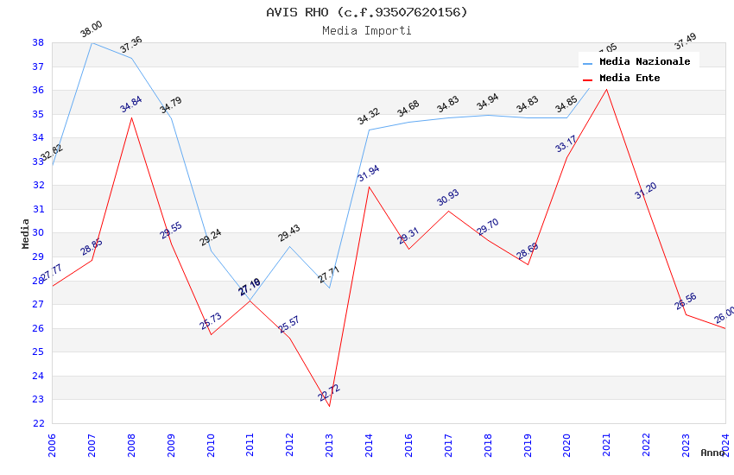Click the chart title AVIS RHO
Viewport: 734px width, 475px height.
[x=367, y=12]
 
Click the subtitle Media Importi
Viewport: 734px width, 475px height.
[x=367, y=30]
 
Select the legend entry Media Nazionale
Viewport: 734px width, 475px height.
[x=644, y=61]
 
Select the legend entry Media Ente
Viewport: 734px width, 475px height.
[x=630, y=78]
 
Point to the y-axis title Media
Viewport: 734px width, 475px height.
[x=25, y=233]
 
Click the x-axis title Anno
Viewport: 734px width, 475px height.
[x=712, y=453]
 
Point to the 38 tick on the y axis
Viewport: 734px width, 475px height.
[x=38, y=42]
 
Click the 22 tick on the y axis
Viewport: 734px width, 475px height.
[x=38, y=423]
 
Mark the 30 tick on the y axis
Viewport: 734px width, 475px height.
[x=38, y=233]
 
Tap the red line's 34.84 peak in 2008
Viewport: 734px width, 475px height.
[x=131, y=117]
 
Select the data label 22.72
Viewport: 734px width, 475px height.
[x=329, y=393]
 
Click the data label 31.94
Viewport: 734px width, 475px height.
[x=369, y=173]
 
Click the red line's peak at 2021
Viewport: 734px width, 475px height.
[x=606, y=89]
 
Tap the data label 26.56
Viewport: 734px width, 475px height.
[x=686, y=301]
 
